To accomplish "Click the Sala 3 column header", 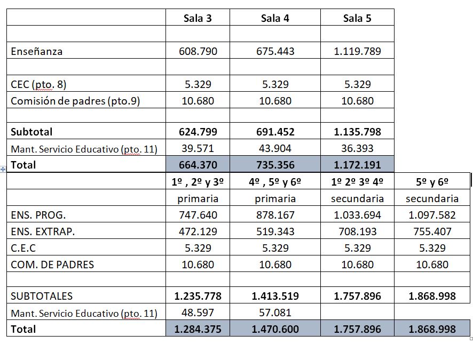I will coord(198,19).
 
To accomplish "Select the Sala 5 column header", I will coord(357,19).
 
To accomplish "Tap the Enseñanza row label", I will coord(36,52).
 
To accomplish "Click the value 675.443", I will coord(275,52).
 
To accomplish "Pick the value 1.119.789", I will coord(357,52).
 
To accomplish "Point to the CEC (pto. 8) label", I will coord(38,84).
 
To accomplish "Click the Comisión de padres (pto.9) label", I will coord(75,101).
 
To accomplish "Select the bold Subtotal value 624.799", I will coord(198,132).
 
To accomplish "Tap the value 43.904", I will coord(275,148).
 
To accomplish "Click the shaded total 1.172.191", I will coord(357,165).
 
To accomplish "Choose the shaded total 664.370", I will coord(198,165).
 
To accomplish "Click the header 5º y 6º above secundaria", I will coord(432,182).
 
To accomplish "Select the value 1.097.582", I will coord(432,215).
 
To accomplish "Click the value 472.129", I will coord(198,231).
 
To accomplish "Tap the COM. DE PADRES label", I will coord(52,265).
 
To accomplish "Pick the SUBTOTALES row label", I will coord(42,296).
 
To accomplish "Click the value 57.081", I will coord(275,313).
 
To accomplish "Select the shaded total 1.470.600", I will coord(275,329).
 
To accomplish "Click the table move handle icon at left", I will coord(3,169).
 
